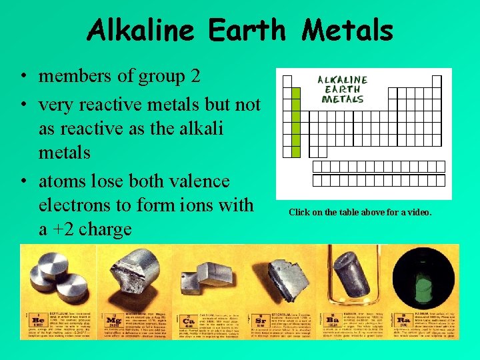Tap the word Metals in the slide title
(347, 30)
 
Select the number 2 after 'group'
(194, 76)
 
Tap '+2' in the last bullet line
(62, 229)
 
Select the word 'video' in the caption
(417, 213)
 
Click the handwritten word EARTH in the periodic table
(341, 89)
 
